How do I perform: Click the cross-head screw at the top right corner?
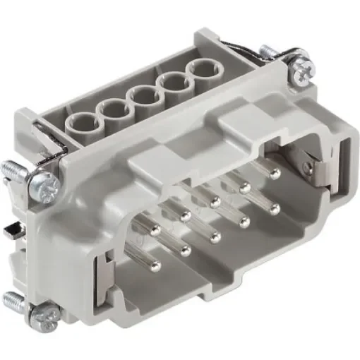[x=297, y=69]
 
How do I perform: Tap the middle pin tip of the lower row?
[x=216, y=236]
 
